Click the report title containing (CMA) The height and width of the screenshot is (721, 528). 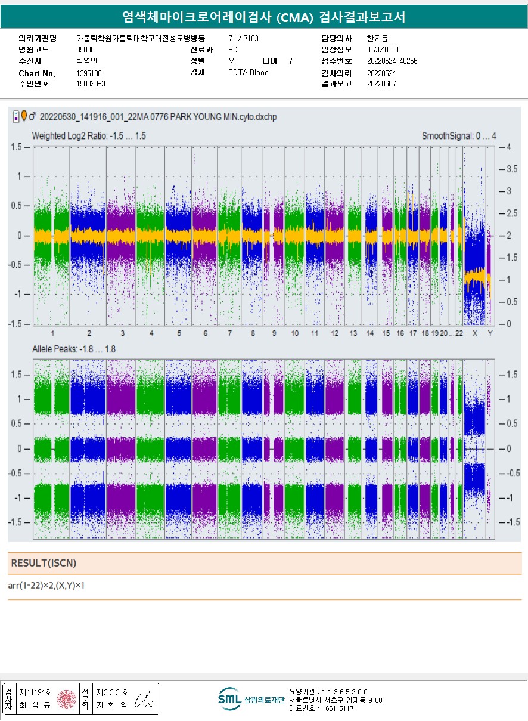tap(263, 17)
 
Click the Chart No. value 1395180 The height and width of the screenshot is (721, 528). tap(89, 73)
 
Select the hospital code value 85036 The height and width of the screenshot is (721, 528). tap(85, 49)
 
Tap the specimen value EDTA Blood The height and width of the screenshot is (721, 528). tap(248, 73)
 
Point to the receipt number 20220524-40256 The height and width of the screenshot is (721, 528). tap(392, 61)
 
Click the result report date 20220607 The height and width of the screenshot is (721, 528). tap(381, 84)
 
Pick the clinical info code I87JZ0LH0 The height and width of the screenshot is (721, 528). tap(384, 50)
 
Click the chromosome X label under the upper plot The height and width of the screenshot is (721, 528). tap(475, 333)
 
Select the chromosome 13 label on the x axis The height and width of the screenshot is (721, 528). tap(353, 333)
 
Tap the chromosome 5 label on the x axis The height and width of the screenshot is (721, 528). tap(179, 333)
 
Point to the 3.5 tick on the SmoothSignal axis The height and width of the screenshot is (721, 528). tap(511, 169)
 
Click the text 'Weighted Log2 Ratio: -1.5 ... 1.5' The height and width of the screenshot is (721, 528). tap(89, 136)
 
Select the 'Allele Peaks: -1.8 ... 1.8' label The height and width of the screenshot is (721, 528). tap(74, 349)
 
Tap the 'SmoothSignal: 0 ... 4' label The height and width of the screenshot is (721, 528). tap(458, 136)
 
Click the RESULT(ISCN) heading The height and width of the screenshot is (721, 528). tap(44, 563)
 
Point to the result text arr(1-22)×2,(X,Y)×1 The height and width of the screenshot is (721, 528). tap(46, 586)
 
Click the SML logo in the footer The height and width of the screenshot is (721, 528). tap(229, 698)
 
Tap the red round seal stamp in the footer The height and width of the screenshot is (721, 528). tap(66, 699)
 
